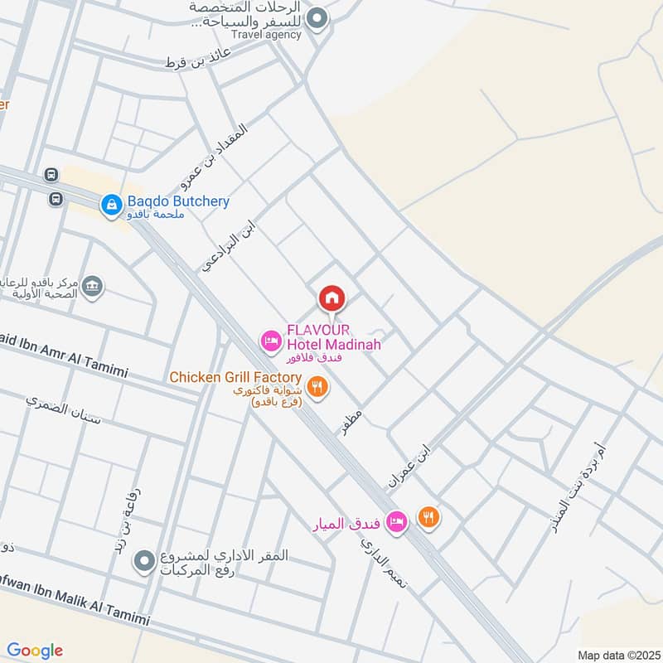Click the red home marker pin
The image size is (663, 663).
(331, 298)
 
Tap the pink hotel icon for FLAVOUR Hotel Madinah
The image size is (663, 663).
(270, 340)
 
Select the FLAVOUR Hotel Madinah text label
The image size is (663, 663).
(333, 336)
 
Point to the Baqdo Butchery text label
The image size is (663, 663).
(177, 201)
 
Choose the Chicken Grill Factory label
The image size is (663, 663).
(235, 378)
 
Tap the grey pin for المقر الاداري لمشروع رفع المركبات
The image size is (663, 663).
(146, 562)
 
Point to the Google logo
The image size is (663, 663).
(35, 651)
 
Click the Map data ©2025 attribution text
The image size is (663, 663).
(617, 654)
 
